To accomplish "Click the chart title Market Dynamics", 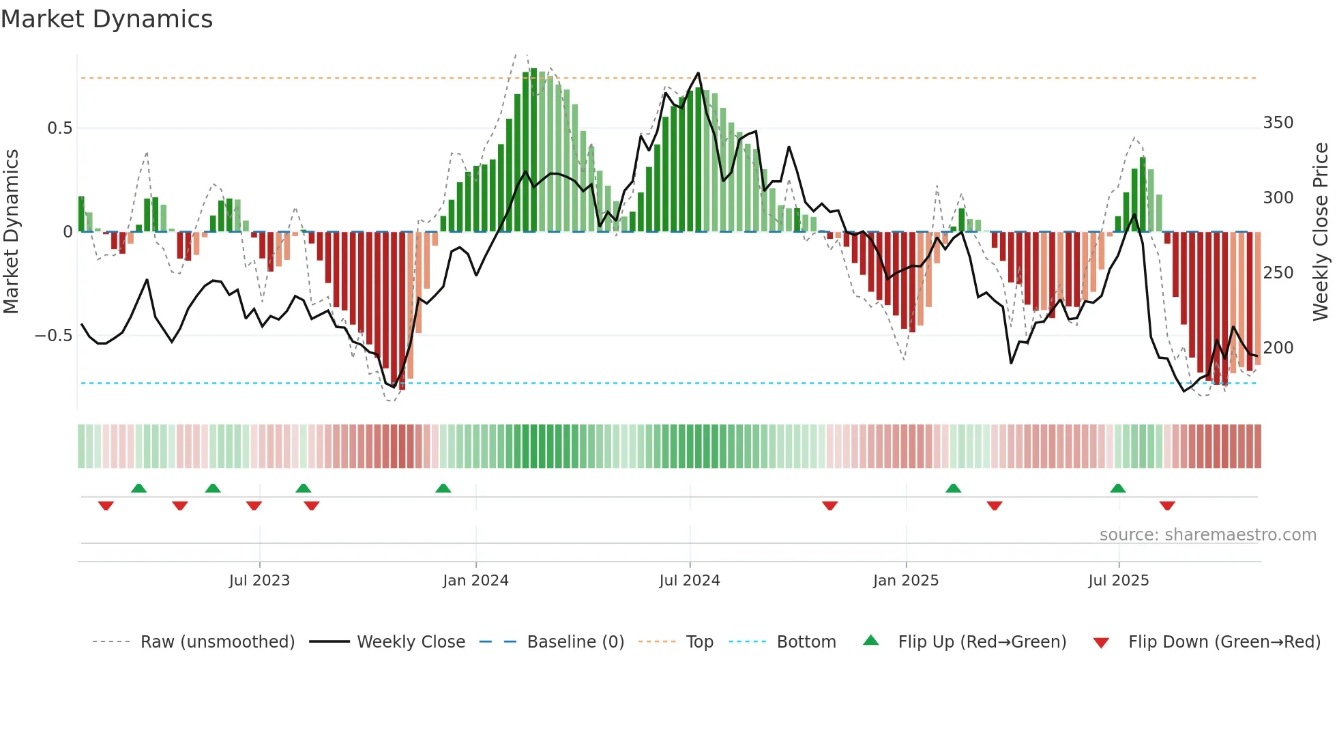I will tap(106, 19).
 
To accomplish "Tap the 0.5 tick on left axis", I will tap(59, 128).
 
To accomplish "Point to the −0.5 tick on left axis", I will tap(54, 336).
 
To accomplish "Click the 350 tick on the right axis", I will tap(1278, 123).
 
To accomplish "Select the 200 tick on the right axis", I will tap(1278, 348).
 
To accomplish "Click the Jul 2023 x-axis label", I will tap(259, 581).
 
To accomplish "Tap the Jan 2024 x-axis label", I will tap(475, 581).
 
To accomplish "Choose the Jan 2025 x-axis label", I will tap(906, 581).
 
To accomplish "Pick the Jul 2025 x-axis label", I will tap(1118, 581).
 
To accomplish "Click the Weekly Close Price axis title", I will tap(1321, 232).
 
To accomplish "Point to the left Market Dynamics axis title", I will tap(11, 232).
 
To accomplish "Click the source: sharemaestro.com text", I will tap(1207, 535).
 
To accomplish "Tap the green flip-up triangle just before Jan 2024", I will tap(443, 488).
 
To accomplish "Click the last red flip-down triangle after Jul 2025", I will tap(1167, 506).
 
